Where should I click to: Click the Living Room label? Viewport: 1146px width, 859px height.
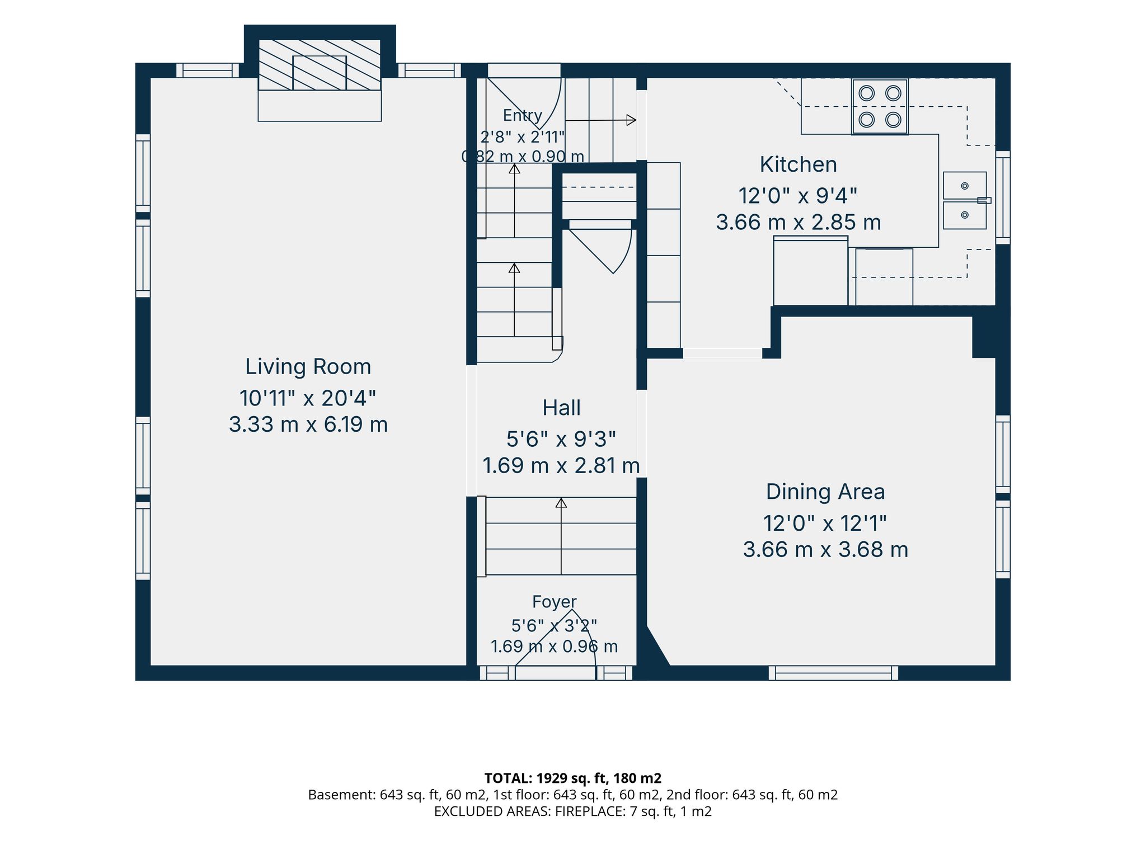point(308,367)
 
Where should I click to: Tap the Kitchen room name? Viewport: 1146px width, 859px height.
point(799,165)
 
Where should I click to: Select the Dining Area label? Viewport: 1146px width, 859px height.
point(825,492)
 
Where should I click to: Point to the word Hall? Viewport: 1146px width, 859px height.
point(561,408)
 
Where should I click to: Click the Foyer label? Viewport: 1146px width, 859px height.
point(554,602)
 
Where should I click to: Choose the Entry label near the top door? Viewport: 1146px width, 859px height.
point(523,116)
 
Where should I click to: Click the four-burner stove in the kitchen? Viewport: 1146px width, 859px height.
point(880,106)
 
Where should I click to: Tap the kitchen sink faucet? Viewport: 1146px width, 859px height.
point(984,200)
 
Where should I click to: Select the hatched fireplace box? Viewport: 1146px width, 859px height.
point(320,65)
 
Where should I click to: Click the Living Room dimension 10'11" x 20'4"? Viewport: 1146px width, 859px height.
point(308,399)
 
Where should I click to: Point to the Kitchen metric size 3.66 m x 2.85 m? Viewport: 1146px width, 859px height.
point(799,223)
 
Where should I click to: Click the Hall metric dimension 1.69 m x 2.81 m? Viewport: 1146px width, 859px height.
point(561,466)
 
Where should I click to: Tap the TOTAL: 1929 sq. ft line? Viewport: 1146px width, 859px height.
point(573,778)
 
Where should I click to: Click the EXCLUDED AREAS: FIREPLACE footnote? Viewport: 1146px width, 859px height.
point(573,811)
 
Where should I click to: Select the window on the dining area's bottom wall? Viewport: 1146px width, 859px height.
point(833,673)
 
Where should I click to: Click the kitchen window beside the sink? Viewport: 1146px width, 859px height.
point(1003,198)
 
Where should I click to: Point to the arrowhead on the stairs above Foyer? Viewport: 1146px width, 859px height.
point(561,503)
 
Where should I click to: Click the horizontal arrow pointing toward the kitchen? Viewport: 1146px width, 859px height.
point(600,120)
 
